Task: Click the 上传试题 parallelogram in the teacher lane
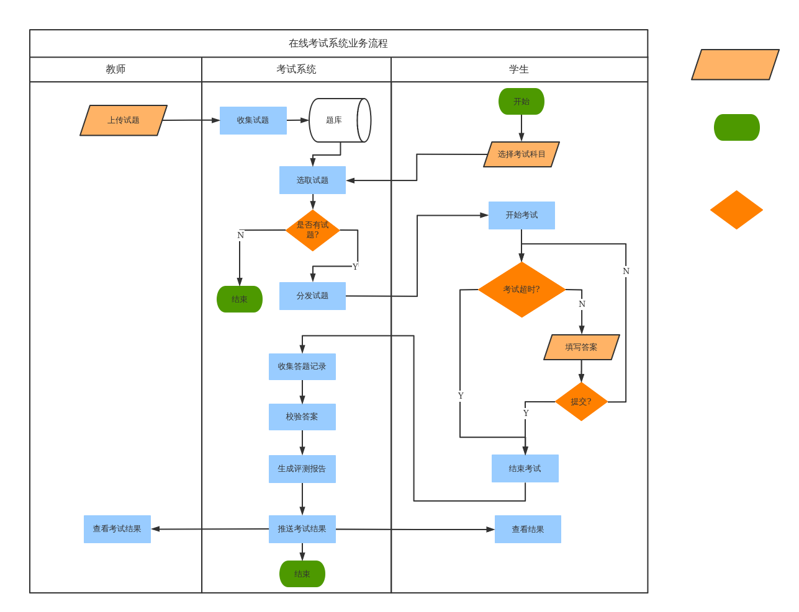tap(124, 120)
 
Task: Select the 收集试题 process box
tap(253, 120)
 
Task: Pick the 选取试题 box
tap(312, 180)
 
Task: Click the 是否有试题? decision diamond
tap(312, 230)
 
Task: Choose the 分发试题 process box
tap(312, 296)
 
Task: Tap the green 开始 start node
tap(521, 102)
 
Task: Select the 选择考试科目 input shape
tap(521, 154)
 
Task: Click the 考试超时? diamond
tap(521, 290)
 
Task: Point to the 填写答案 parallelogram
tap(581, 347)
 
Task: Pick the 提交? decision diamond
tap(581, 402)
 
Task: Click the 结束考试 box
tap(525, 469)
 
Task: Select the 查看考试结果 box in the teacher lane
tap(117, 529)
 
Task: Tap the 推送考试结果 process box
tap(302, 529)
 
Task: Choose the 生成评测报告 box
tap(302, 469)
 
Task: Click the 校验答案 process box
tap(302, 417)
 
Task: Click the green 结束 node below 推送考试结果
tap(302, 574)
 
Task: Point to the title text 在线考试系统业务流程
tap(338, 43)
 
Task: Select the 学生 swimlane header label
tap(519, 69)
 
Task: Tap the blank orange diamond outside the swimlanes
tap(736, 210)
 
